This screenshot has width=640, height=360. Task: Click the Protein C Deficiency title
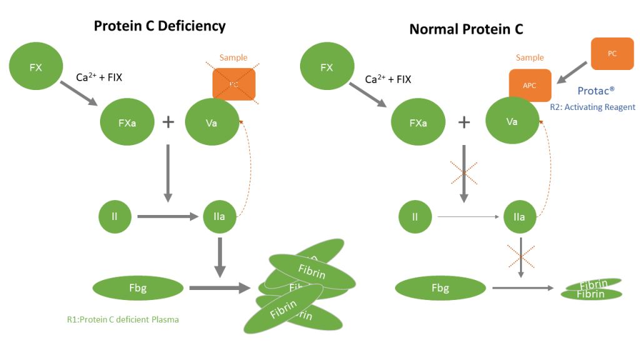tap(159, 26)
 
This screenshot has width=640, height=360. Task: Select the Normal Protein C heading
tap(466, 29)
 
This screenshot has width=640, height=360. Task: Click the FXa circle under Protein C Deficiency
tap(127, 122)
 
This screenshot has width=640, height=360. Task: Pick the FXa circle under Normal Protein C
tap(417, 123)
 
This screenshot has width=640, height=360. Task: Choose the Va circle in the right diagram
tap(512, 121)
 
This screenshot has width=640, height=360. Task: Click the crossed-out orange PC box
tap(234, 84)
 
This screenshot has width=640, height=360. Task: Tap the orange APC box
tap(529, 86)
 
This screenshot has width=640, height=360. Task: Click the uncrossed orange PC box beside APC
tap(612, 54)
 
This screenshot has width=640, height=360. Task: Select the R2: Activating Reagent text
tap(592, 107)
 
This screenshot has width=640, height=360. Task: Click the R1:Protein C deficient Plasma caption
tap(123, 319)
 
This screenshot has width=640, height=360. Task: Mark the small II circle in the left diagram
tap(114, 217)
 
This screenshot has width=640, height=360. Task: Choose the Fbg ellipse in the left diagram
tap(137, 288)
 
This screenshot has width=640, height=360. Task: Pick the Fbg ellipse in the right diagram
tap(441, 288)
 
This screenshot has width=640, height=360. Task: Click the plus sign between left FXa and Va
tap(168, 122)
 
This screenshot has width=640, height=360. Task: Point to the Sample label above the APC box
tap(529, 57)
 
